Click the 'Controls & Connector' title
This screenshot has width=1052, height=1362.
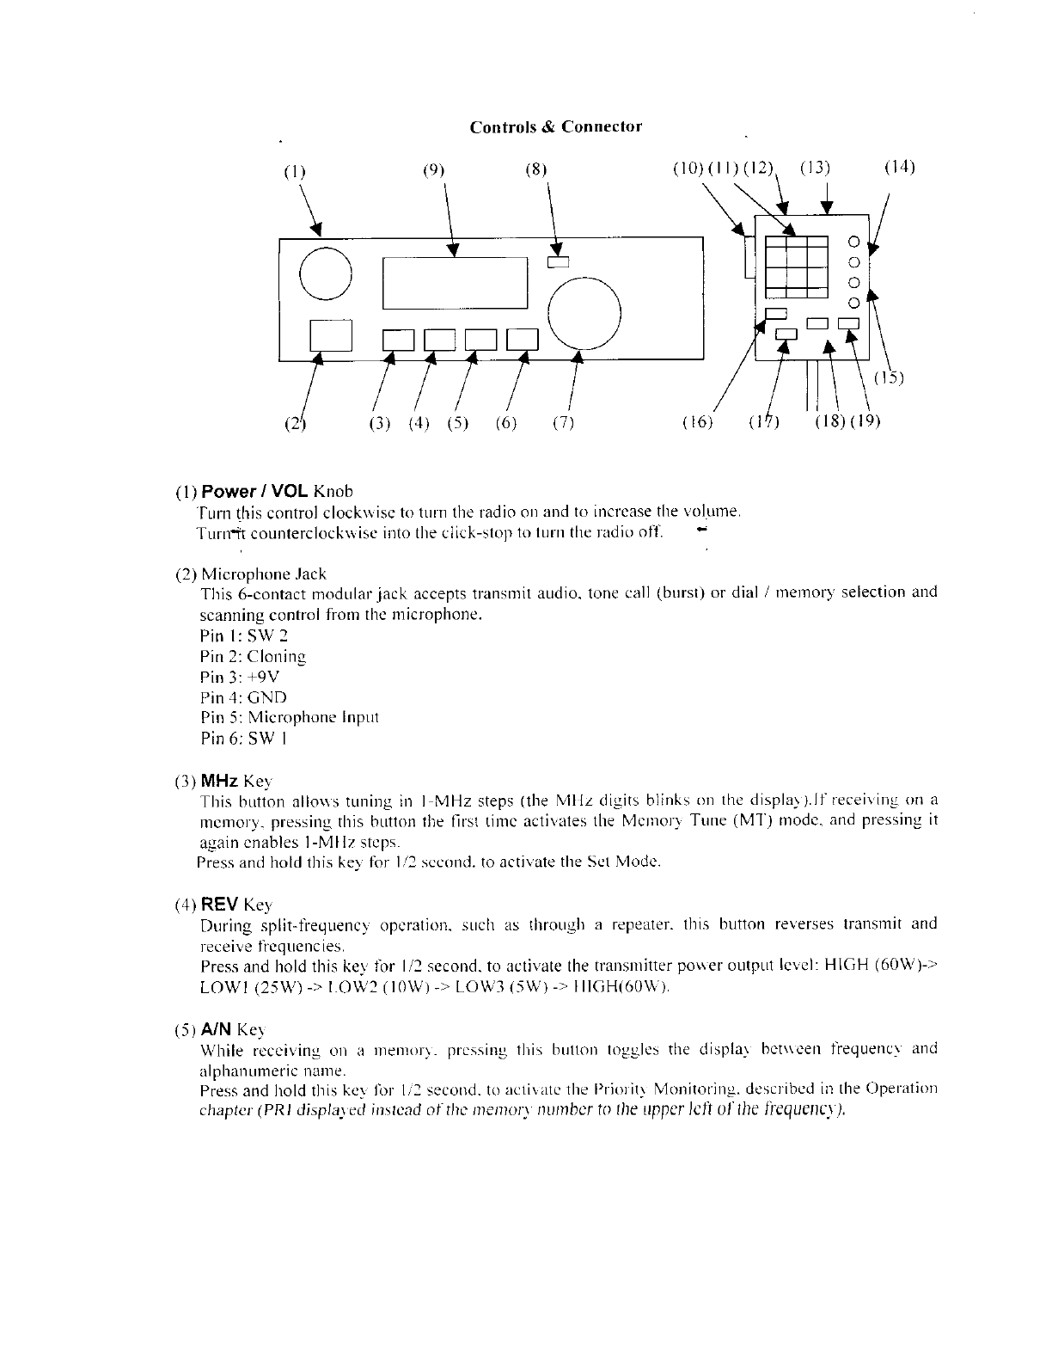[x=555, y=127]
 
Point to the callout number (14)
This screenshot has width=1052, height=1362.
[x=899, y=167]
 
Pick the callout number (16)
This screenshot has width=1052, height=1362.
[x=697, y=422]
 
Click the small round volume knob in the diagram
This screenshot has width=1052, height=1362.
[x=326, y=273]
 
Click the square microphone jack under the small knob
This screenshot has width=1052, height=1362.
[x=331, y=336]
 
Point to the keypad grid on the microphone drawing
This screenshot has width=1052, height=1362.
[x=797, y=266]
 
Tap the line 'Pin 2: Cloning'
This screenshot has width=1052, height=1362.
[x=253, y=656]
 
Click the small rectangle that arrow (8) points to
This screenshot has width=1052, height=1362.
[x=559, y=261]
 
